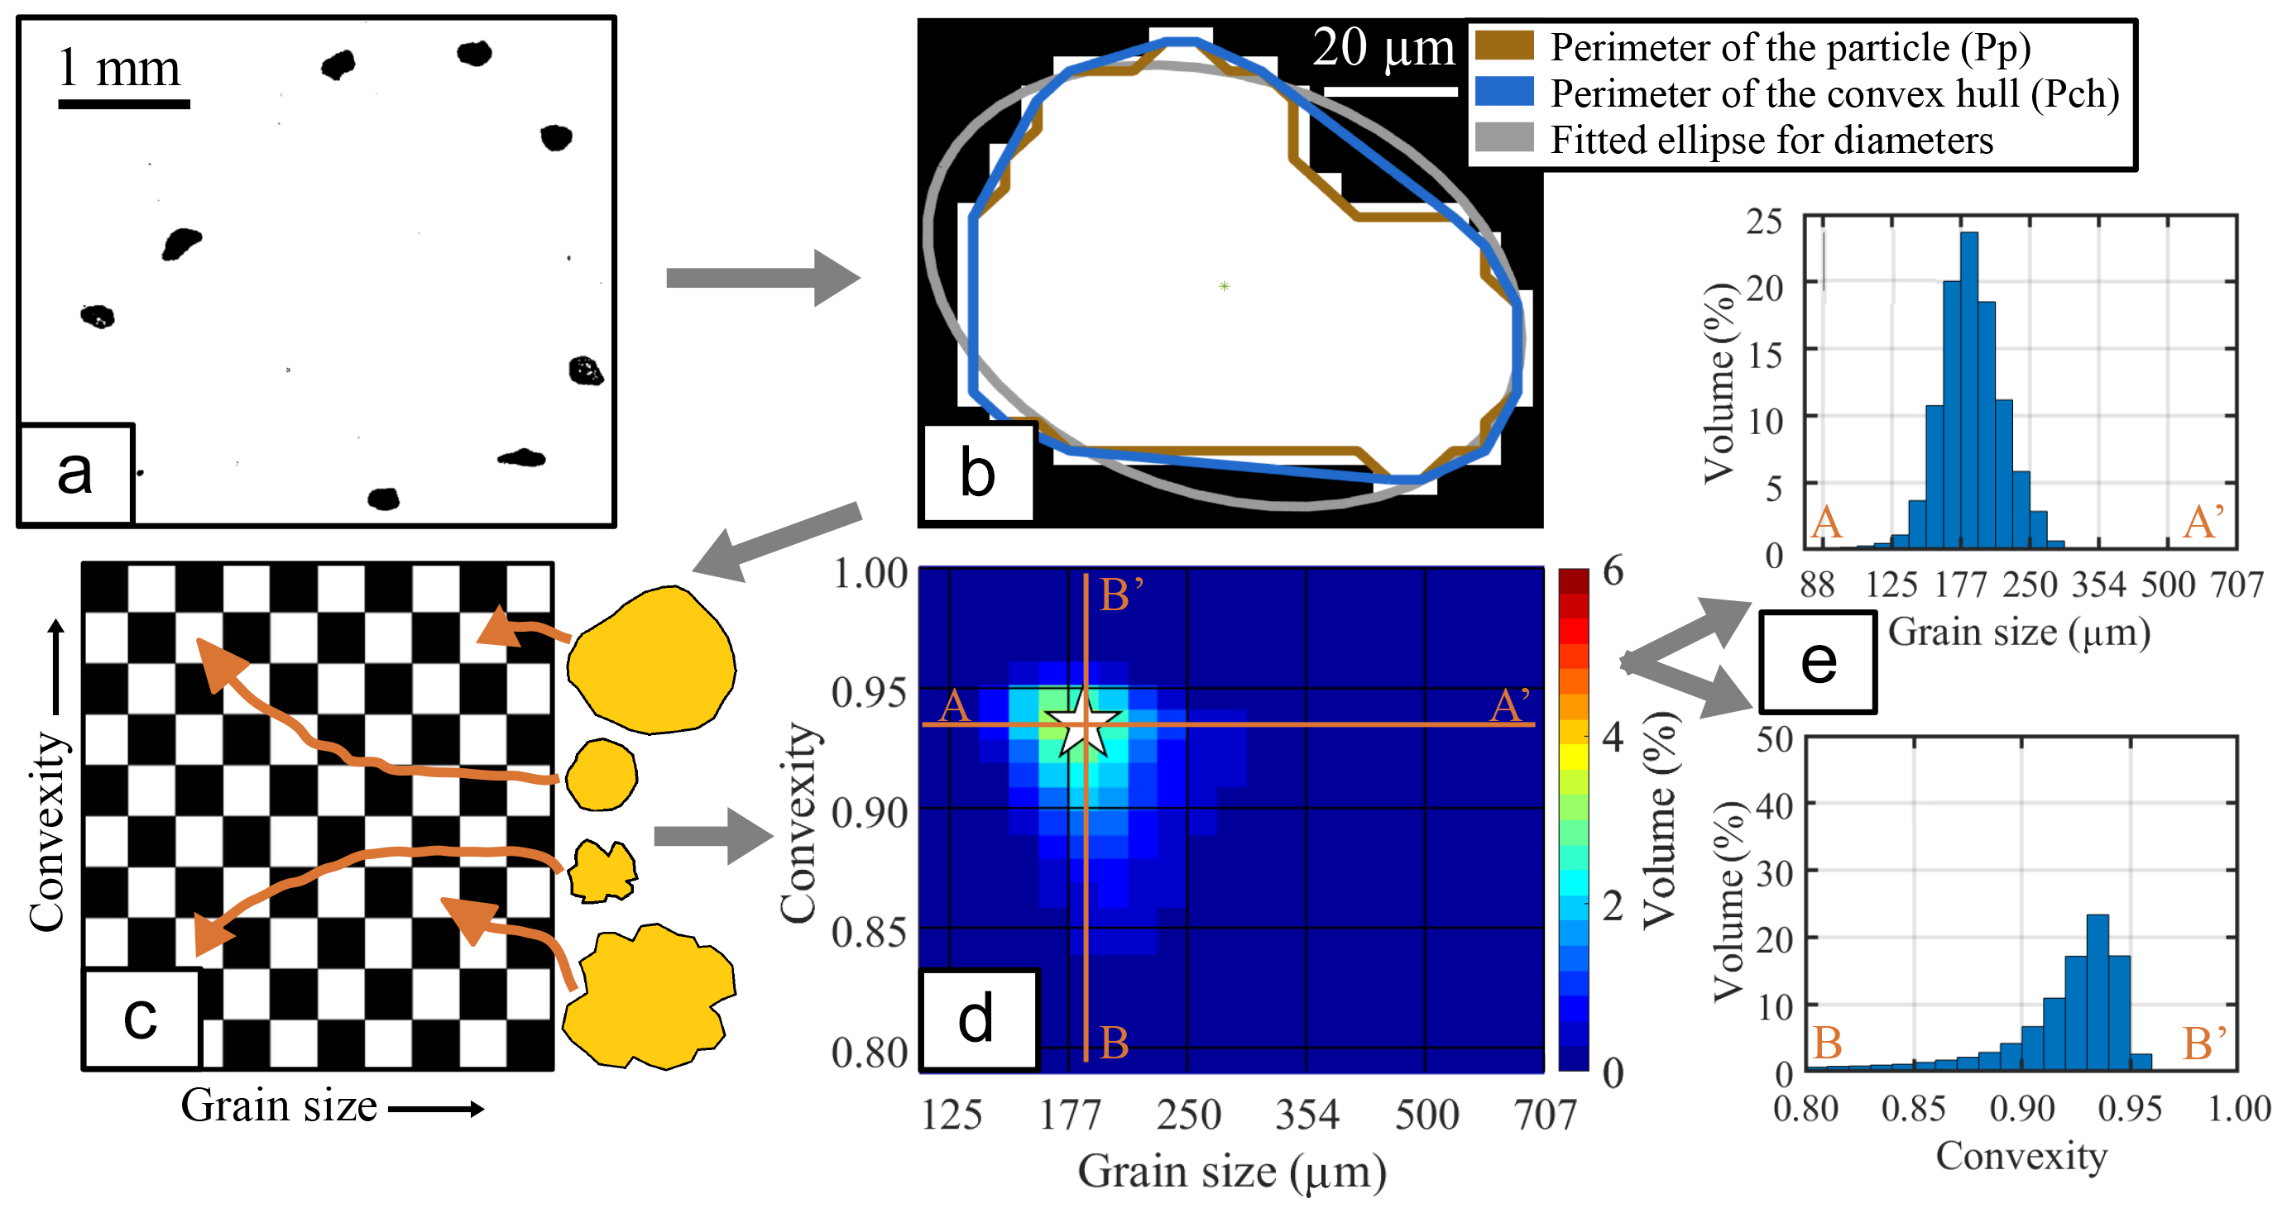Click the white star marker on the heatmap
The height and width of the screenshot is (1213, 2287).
pyautogui.click(x=1083, y=724)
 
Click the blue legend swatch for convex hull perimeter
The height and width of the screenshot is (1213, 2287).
pyautogui.click(x=1504, y=92)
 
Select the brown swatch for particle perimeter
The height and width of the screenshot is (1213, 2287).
pyautogui.click(x=1504, y=45)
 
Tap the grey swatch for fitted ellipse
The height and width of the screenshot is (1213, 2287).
pyautogui.click(x=1504, y=137)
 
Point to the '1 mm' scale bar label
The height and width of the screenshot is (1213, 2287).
pyautogui.click(x=119, y=68)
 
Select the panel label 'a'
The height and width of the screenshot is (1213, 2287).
pyautogui.click(x=74, y=472)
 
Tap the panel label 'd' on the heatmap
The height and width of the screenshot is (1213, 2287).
pyautogui.click(x=976, y=1020)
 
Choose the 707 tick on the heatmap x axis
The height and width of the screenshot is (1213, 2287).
pyautogui.click(x=1546, y=1115)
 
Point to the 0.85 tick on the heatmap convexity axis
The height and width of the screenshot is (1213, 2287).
pyautogui.click(x=869, y=933)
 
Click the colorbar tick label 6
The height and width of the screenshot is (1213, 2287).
pyautogui.click(x=1613, y=571)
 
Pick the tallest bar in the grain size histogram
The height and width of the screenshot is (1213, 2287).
pyautogui.click(x=1969, y=390)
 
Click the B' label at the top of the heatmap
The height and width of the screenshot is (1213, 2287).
pyautogui.click(x=1121, y=595)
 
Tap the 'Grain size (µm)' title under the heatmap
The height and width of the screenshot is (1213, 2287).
pyautogui.click(x=1231, y=1172)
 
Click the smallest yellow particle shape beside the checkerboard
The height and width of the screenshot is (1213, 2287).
pyautogui.click(x=602, y=775)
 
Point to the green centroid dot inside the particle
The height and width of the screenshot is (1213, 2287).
pyautogui.click(x=1225, y=286)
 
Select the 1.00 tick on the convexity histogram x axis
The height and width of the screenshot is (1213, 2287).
pyautogui.click(x=2239, y=1109)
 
